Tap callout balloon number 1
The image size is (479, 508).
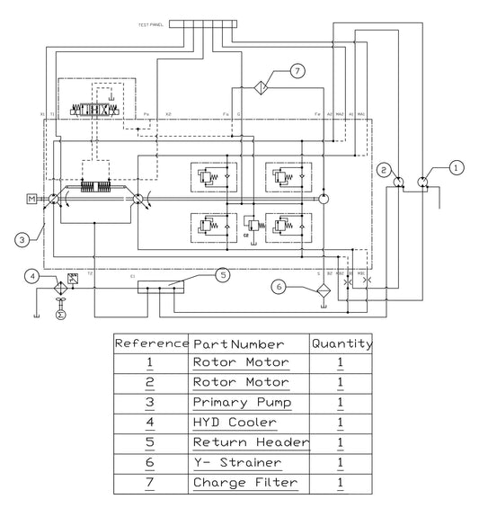point(457,166)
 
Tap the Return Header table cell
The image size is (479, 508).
point(250,442)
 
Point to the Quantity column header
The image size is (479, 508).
point(342,343)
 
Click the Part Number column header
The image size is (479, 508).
point(240,343)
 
